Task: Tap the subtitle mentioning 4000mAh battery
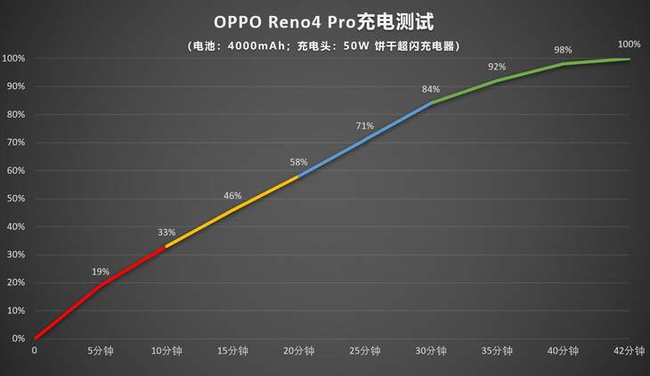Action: [324, 45]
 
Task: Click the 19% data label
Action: [101, 272]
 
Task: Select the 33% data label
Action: [167, 233]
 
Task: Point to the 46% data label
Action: [232, 196]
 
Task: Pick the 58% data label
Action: [298, 162]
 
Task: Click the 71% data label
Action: [364, 126]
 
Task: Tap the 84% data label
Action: [431, 89]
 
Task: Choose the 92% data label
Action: [497, 67]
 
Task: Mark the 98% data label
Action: [563, 50]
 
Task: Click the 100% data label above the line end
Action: [629, 44]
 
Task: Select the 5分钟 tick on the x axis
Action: [101, 351]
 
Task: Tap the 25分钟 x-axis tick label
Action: [364, 351]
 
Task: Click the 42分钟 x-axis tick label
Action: [629, 351]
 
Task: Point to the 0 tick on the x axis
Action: [35, 351]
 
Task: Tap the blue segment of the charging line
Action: [365, 138]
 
